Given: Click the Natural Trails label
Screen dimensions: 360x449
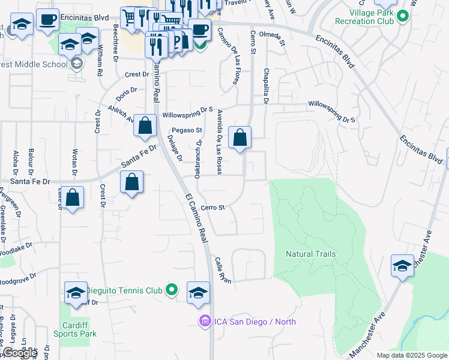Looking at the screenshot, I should (310, 254).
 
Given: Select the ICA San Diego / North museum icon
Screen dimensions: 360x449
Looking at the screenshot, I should (205, 322).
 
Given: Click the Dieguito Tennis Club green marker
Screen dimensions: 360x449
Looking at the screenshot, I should (172, 290).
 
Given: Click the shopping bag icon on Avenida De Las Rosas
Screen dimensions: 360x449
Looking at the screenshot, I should (240, 138).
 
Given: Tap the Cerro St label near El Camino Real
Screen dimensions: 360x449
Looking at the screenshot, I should (212, 208).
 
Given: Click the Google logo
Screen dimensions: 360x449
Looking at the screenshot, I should (19, 353).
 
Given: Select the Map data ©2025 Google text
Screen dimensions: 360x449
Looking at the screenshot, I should (411, 355).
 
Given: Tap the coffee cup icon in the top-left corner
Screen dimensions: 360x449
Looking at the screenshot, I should (47, 19).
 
